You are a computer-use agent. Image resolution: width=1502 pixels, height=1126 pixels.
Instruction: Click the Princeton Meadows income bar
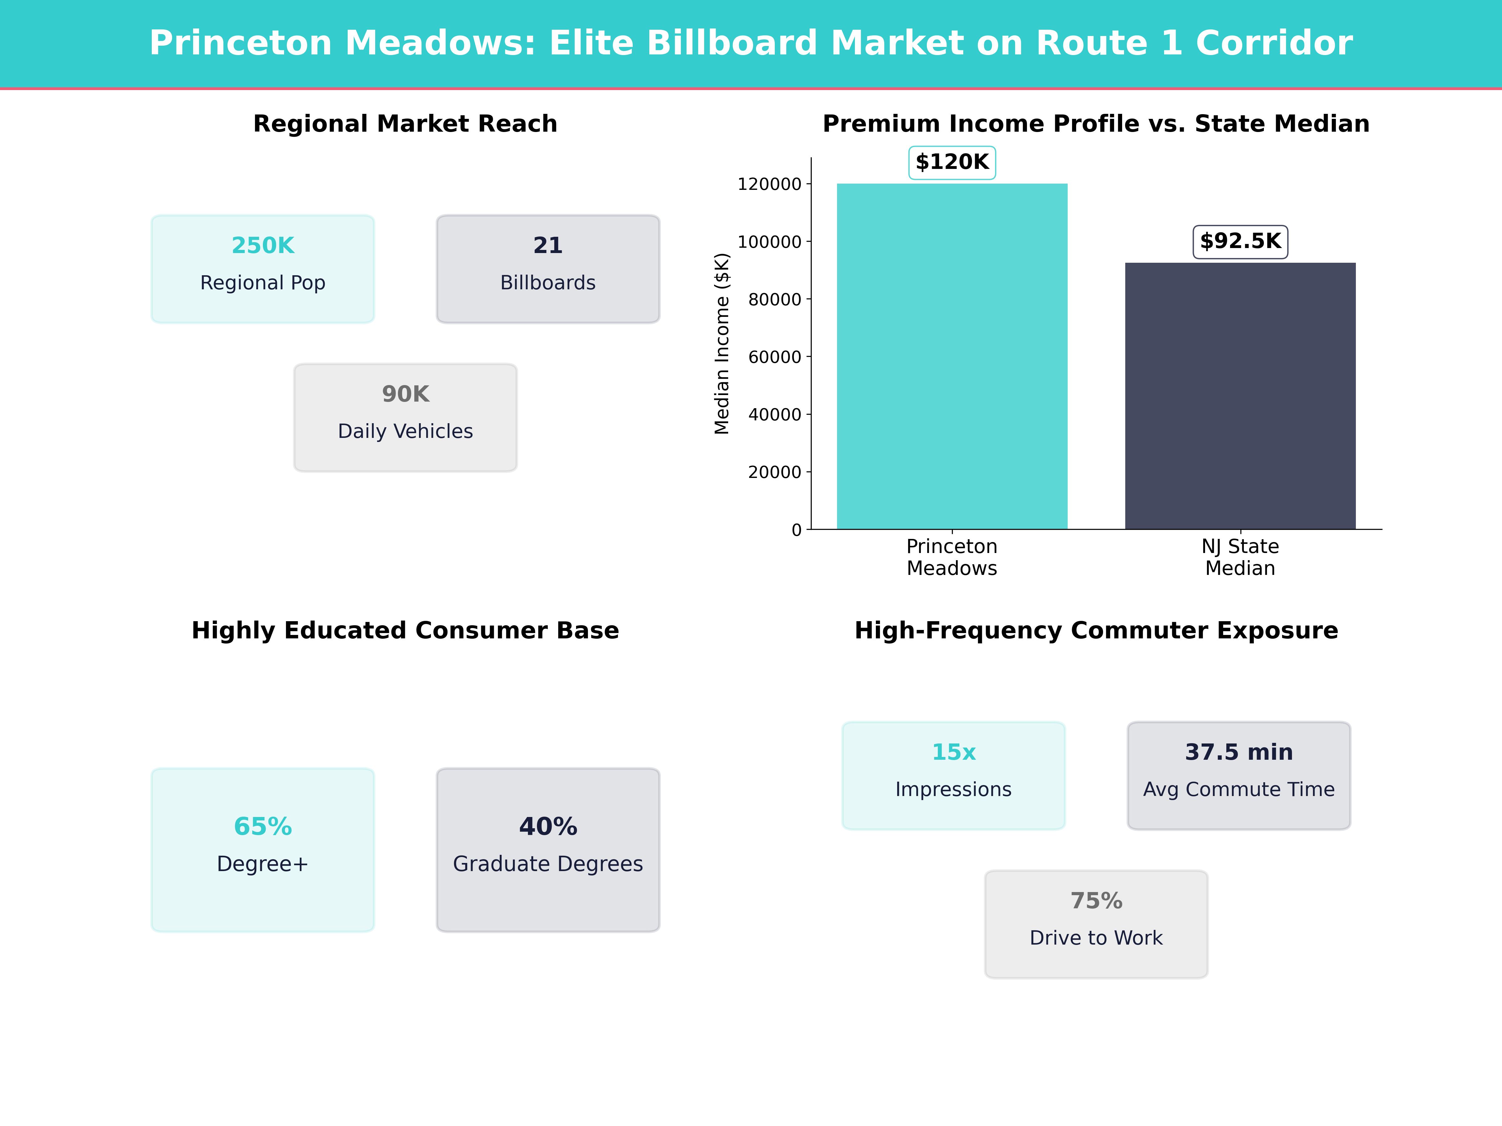[952, 356]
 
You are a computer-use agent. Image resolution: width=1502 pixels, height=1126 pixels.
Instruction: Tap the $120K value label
[952, 162]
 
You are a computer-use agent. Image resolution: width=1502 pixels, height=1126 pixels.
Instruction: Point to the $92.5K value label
[1240, 242]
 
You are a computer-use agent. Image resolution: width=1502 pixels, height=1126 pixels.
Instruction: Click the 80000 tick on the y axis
[775, 299]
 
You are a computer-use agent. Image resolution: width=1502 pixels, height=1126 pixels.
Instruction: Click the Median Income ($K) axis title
[722, 343]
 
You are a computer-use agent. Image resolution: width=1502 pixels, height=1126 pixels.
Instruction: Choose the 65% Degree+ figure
[263, 827]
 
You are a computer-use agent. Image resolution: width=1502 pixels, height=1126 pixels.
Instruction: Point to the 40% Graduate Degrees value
[548, 827]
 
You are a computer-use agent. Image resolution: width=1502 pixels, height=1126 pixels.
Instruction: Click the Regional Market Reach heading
[405, 124]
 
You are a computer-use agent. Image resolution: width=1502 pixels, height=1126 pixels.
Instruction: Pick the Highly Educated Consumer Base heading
[405, 631]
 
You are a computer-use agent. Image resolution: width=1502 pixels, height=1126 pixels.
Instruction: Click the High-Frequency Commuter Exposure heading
[1096, 631]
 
